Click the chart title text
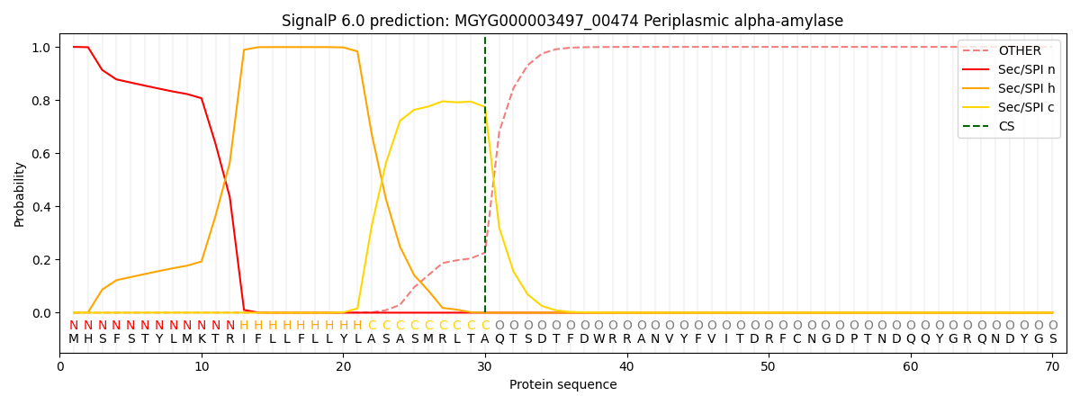coord(562,21)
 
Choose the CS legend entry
coord(1006,127)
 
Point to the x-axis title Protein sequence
coord(562,385)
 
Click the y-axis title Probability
coord(20,193)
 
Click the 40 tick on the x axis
coord(627,366)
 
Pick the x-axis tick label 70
coord(1052,366)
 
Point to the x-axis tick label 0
coord(60,366)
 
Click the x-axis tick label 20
coord(344,366)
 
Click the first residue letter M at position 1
coord(74,339)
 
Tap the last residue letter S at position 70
coord(1053,339)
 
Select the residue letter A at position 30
coord(485,339)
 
